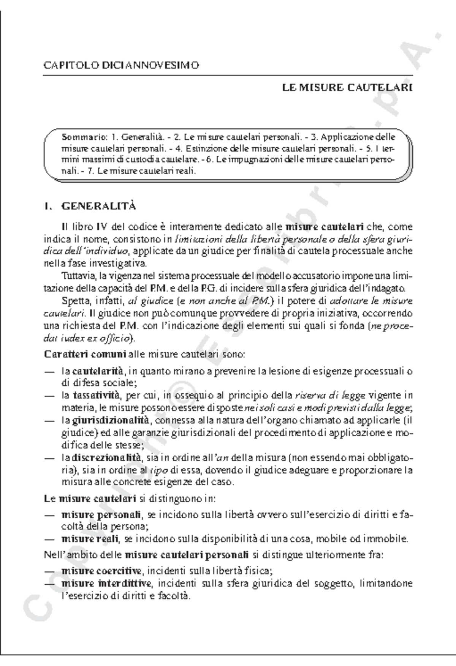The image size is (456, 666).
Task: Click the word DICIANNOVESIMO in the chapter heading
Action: tap(150, 65)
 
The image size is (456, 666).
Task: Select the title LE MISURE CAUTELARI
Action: tap(347, 88)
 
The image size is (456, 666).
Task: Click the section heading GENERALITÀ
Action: tap(98, 207)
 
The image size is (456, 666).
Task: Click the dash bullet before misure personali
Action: tap(49, 515)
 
